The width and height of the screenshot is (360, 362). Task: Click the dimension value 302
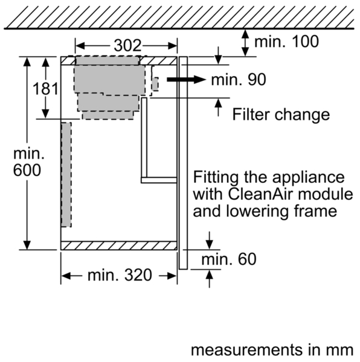(127, 45)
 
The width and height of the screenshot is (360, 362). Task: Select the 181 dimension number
(45, 89)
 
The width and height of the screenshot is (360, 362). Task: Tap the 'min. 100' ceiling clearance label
(286, 42)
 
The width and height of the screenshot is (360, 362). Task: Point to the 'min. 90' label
(239, 80)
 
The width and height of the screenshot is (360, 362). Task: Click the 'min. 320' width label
(120, 275)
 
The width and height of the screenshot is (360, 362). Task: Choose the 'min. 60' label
(229, 259)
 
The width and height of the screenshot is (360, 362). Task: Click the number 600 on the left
(27, 170)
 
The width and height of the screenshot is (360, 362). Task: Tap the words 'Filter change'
(281, 114)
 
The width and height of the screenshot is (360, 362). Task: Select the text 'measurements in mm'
(272, 349)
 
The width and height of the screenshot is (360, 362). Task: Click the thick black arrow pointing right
(186, 80)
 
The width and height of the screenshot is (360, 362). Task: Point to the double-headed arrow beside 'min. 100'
(245, 43)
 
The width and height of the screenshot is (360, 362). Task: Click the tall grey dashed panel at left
(66, 174)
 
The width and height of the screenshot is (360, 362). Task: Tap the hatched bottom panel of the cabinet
(119, 246)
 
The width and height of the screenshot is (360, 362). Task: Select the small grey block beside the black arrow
(155, 84)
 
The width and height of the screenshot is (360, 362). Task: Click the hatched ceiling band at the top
(179, 17)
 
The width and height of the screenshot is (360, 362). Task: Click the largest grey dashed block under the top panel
(110, 79)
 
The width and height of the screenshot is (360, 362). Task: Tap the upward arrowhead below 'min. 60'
(210, 275)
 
